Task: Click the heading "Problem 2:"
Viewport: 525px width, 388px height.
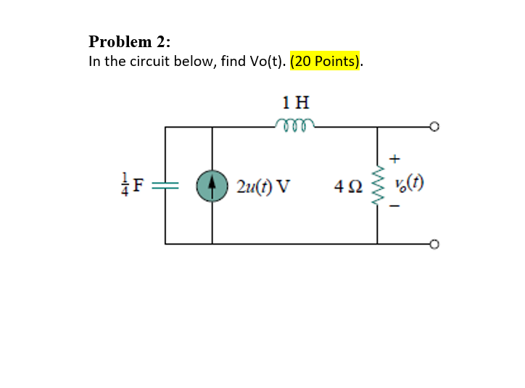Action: [x=130, y=41]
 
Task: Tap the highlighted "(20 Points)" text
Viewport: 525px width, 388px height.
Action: [x=324, y=61]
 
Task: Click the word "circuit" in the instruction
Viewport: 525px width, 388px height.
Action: [x=151, y=61]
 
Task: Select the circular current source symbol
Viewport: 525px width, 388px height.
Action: [x=212, y=186]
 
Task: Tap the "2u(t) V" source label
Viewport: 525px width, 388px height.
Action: [x=262, y=186]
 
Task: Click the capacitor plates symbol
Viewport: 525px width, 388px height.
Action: [x=166, y=186]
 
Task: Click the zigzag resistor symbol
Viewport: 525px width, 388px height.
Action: [x=377, y=186]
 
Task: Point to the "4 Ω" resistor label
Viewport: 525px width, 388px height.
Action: [x=349, y=186]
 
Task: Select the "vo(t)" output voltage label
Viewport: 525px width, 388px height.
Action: [x=410, y=182]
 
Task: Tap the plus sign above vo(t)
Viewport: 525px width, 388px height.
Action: [x=394, y=157]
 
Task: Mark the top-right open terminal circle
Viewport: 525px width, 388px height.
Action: [x=434, y=128]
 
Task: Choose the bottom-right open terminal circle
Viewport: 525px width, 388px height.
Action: [x=434, y=244]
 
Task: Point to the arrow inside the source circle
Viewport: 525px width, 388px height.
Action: [x=212, y=186]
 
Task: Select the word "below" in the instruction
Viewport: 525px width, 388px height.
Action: [x=195, y=61]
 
